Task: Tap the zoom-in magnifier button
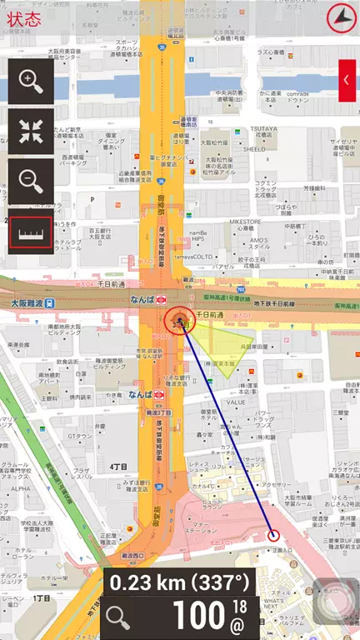(31, 82)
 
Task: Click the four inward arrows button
(31, 131)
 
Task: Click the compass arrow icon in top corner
(339, 15)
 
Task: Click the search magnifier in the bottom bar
(118, 617)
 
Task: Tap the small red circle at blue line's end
(273, 535)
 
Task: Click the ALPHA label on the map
(20, 489)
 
